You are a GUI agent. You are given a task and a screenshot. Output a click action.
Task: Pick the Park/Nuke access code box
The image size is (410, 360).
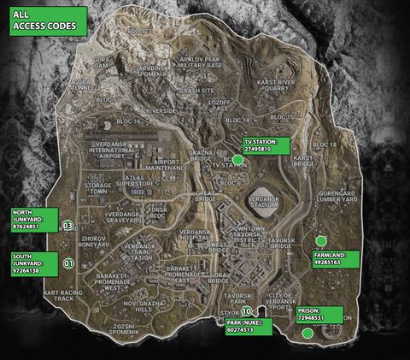click(249, 327)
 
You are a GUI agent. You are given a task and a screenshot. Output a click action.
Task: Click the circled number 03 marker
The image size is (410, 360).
click(68, 226)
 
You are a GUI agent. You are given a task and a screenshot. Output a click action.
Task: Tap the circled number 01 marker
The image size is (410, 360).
click(68, 263)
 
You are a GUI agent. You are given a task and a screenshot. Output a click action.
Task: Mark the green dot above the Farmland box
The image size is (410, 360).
click(321, 241)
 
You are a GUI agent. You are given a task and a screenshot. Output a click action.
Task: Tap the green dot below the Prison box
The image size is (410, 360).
click(307, 333)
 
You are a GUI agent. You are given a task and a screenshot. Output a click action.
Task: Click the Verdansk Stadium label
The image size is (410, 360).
click(263, 202)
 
